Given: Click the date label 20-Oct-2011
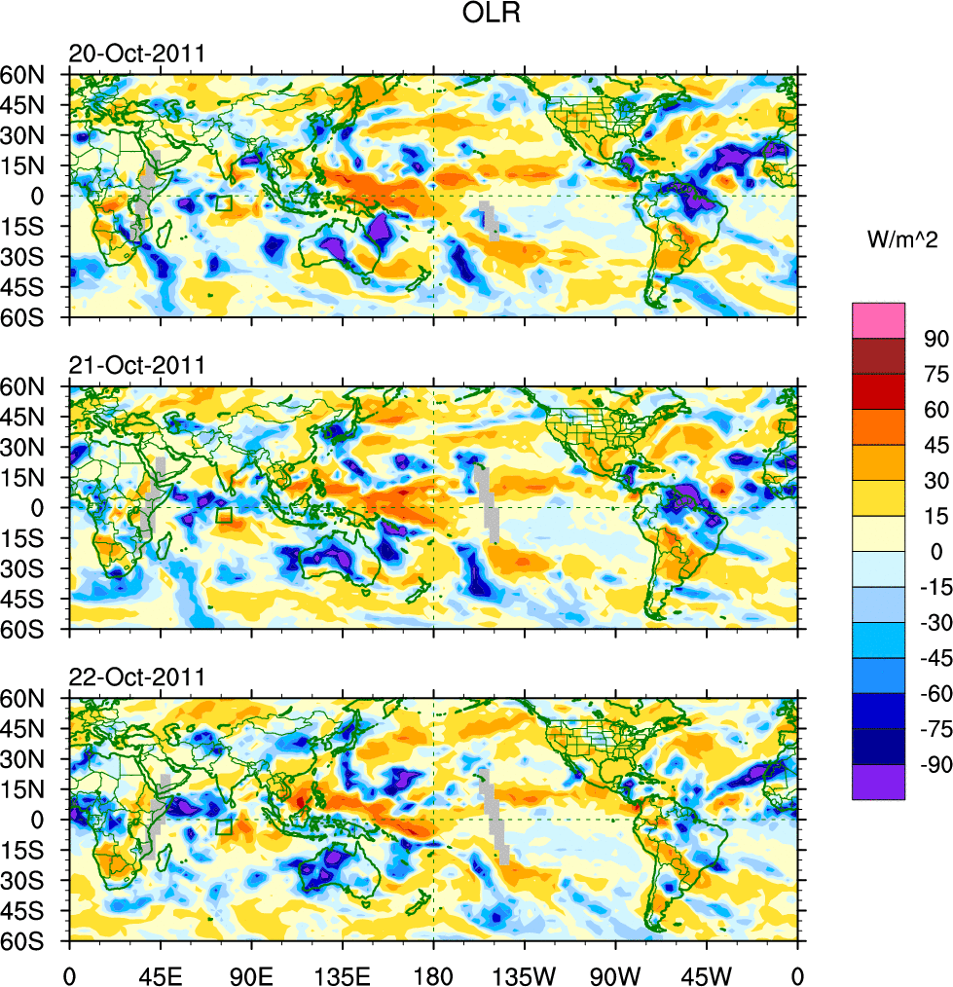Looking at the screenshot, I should [x=136, y=54].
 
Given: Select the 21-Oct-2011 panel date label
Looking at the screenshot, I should [x=136, y=366].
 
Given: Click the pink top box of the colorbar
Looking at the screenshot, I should [x=878, y=320].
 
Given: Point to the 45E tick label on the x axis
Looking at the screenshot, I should [x=161, y=973].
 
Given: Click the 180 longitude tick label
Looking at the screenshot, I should [x=433, y=973].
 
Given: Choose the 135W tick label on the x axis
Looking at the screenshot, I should [x=524, y=973].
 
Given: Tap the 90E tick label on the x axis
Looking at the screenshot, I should [x=251, y=973].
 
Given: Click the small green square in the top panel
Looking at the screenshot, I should [x=223, y=203].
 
